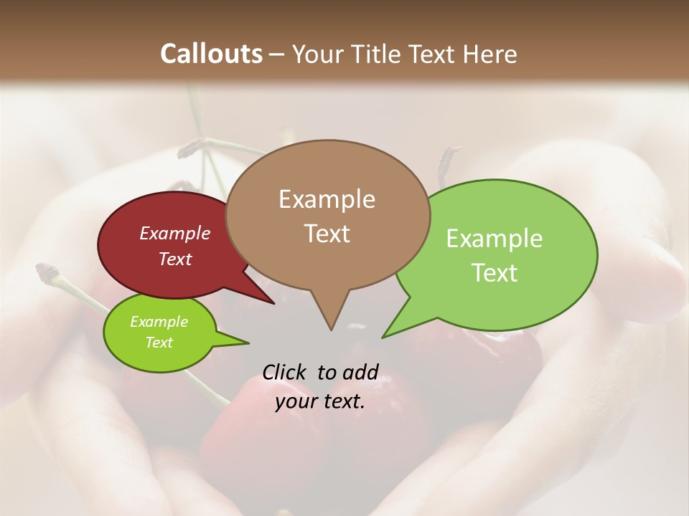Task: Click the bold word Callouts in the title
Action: click(212, 54)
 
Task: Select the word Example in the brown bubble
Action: click(327, 199)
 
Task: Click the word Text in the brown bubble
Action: click(327, 234)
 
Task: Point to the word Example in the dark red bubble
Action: click(175, 233)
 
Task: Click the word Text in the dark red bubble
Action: click(175, 259)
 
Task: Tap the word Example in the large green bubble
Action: click(495, 239)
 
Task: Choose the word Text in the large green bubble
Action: click(495, 273)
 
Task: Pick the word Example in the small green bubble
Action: click(159, 322)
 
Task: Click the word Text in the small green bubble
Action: click(159, 343)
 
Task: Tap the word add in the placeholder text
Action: click(360, 372)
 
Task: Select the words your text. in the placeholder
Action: click(320, 401)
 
